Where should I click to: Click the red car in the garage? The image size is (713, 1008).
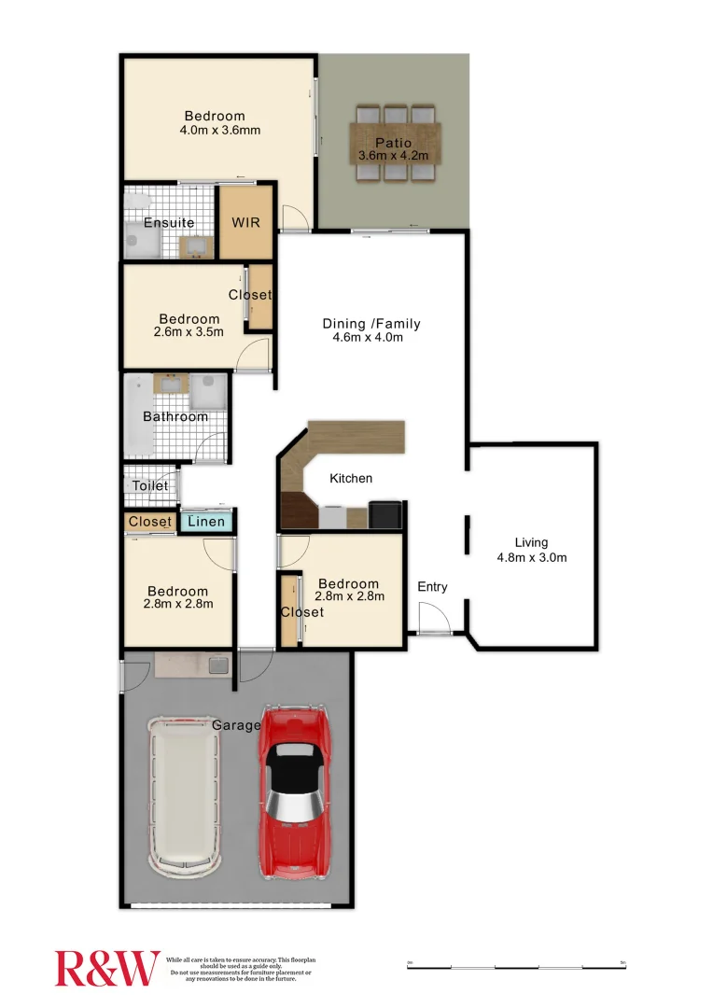coord(295,793)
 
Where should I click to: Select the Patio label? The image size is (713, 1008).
coord(392,143)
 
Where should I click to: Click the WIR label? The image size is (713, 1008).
coord(246,223)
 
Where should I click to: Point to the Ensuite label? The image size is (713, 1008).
coord(169,223)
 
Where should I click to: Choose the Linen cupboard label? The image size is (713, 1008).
coord(206,521)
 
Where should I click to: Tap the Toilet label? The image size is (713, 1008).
coord(150,486)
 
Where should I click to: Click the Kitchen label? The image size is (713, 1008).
coord(351,478)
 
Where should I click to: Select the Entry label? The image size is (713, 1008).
coord(432,587)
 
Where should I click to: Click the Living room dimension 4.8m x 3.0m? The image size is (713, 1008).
coord(532,557)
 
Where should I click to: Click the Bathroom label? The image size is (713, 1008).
coord(175,416)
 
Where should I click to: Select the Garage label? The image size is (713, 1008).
coord(236,725)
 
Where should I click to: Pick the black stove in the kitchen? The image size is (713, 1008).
coord(385,515)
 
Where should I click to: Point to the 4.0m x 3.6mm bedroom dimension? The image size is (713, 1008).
coord(219,131)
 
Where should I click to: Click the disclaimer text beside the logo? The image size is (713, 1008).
coord(239,969)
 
